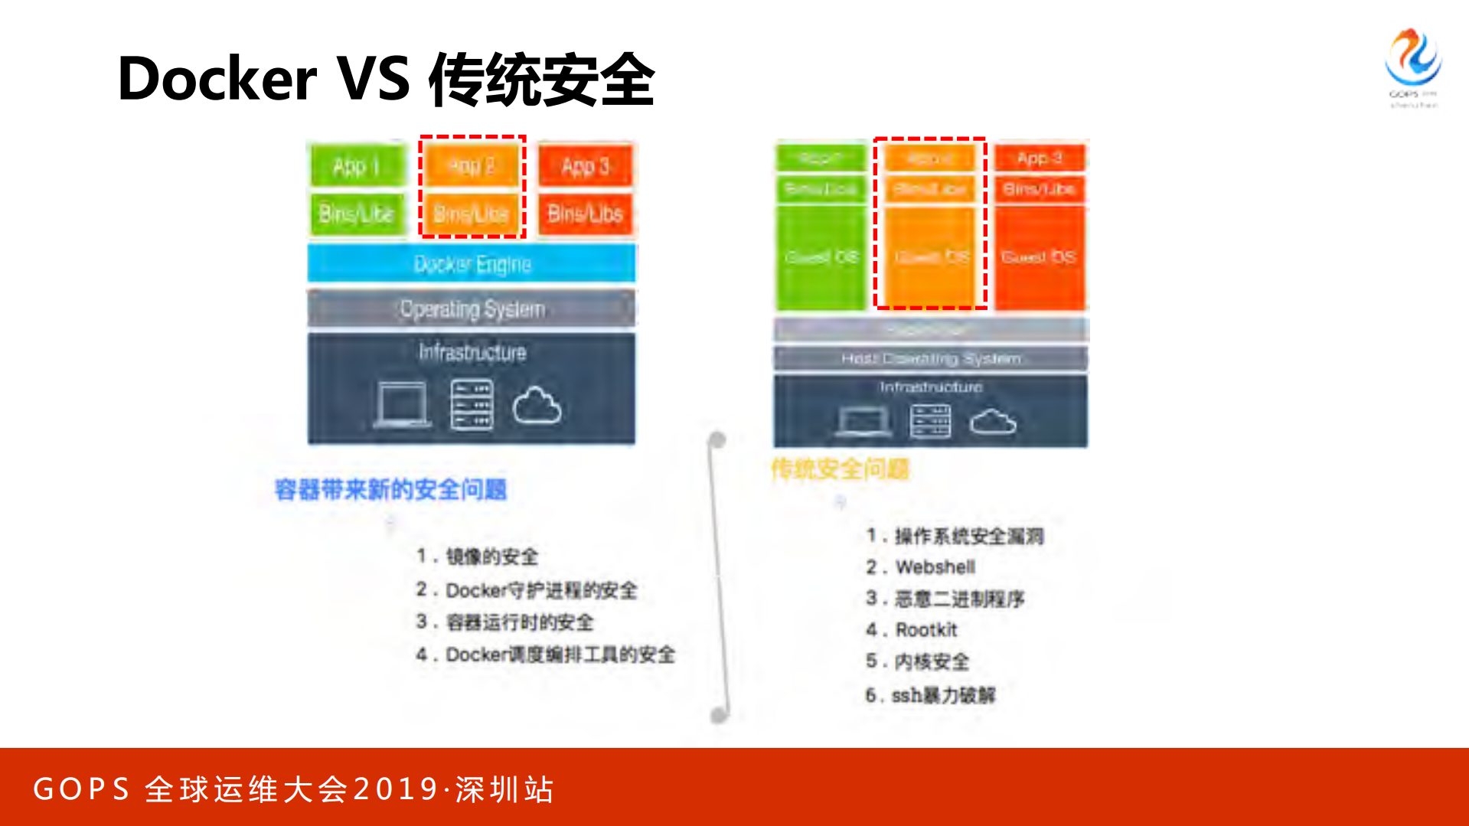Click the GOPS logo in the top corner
pos(1412,65)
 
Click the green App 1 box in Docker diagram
pos(357,166)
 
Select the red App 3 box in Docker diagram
pos(586,166)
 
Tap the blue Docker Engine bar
pos(472,264)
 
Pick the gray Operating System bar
pos(472,309)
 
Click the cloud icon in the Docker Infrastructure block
pos(537,406)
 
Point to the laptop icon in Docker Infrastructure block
pos(402,404)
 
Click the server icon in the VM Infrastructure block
pos(930,421)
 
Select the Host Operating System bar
pos(930,358)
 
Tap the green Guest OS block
pos(821,257)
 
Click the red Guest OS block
pos(1039,257)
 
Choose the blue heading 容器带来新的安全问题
pos(390,490)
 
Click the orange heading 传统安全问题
pos(840,469)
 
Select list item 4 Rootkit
pos(925,630)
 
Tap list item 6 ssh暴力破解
pos(942,695)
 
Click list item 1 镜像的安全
pos(491,557)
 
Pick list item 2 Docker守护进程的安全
pos(540,590)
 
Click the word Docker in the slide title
pos(217,80)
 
